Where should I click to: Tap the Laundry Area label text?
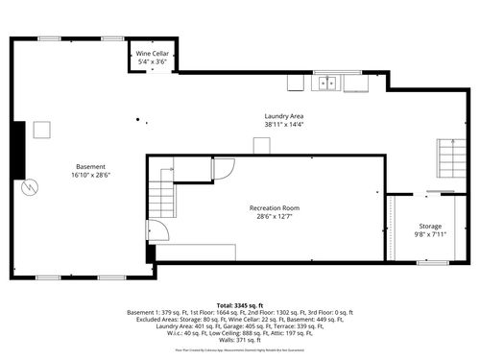[x=284, y=116]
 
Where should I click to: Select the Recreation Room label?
[x=275, y=208]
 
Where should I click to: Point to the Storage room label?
[x=430, y=225]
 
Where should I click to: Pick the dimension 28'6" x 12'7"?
[x=275, y=217]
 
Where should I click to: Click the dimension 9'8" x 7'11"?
[x=430, y=233]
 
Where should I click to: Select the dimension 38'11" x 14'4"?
[x=284, y=125]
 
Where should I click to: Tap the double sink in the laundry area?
[x=327, y=84]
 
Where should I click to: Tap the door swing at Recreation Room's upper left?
[x=222, y=168]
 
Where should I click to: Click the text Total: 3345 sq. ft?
[x=240, y=302]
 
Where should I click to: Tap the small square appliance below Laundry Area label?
[x=261, y=145]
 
